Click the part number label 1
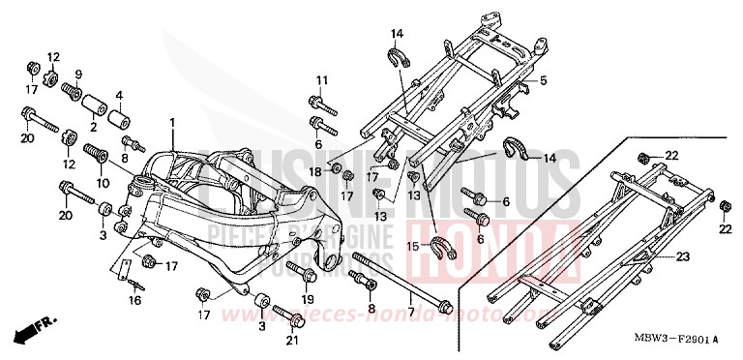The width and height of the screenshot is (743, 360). (x=172, y=123)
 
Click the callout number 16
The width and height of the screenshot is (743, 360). (x=134, y=301)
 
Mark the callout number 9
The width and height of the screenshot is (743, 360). (x=78, y=74)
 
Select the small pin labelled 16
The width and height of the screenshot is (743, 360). (x=135, y=283)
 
